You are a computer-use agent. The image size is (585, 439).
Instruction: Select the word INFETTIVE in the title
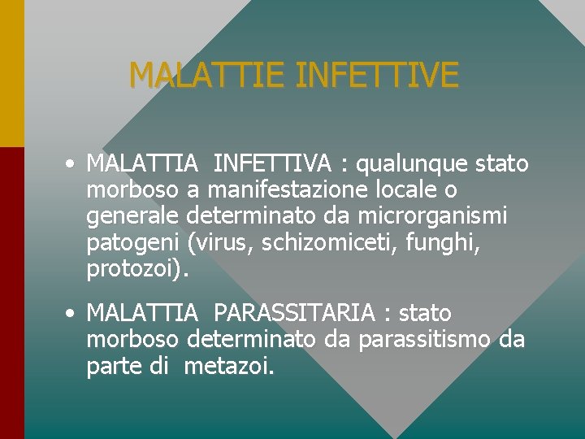[378, 76]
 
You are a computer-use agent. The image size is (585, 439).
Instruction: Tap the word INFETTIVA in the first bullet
[272, 164]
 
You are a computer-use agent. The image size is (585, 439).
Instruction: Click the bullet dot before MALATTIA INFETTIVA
[72, 164]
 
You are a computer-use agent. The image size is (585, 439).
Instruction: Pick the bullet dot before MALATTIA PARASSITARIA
[72, 313]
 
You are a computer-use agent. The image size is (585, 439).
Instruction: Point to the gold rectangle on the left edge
[11, 73]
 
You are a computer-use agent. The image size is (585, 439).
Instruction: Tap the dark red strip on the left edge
[11, 293]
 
